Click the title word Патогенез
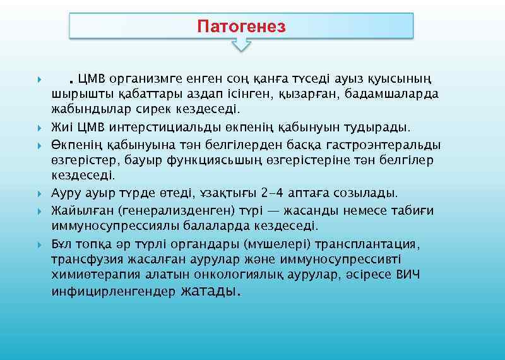241,27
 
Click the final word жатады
210,292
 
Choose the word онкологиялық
227,275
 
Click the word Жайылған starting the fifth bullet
77,210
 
